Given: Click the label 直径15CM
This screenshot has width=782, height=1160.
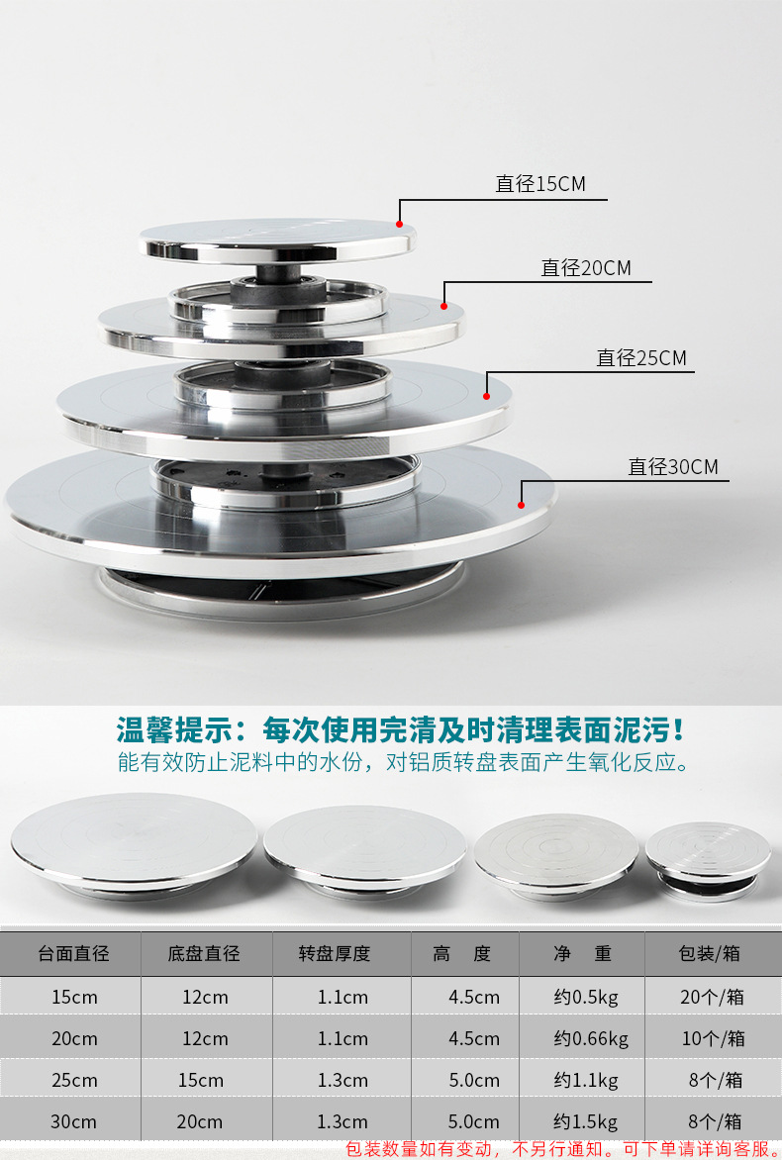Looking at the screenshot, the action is coord(540,183).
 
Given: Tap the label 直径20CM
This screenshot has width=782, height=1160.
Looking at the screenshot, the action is coord(586,268).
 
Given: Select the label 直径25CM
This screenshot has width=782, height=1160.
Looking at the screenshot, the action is coord(641,358).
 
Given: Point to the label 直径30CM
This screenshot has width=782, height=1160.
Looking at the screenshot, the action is coord(673,467).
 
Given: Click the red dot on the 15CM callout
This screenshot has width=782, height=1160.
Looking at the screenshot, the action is coord(400,224).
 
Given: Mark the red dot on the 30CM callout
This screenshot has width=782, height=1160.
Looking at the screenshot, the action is coord(521,506).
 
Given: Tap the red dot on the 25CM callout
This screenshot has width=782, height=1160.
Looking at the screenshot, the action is coord(486,397).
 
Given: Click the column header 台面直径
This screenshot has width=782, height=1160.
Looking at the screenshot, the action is coord(73,953).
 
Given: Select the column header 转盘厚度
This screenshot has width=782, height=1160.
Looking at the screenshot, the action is coord(335,953).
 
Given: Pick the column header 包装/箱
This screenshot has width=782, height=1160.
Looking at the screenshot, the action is coord(709,953).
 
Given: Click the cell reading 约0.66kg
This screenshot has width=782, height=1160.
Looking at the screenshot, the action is coord(591,1038).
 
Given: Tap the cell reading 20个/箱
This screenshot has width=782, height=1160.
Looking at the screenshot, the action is coord(712,998).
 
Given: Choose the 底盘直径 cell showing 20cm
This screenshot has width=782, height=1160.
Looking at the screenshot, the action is coord(200,1122).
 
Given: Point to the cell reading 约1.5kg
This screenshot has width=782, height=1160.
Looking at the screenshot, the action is coord(586,1122).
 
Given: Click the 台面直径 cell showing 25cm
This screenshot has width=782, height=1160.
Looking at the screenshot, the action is coord(74,1081).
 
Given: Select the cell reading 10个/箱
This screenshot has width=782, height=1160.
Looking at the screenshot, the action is coord(713,1038).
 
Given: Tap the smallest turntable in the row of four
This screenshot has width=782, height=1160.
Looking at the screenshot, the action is coord(708,860).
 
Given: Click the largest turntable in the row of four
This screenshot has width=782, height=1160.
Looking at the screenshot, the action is coord(134,845).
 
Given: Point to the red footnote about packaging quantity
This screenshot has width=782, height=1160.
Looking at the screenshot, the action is coord(563,1149).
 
